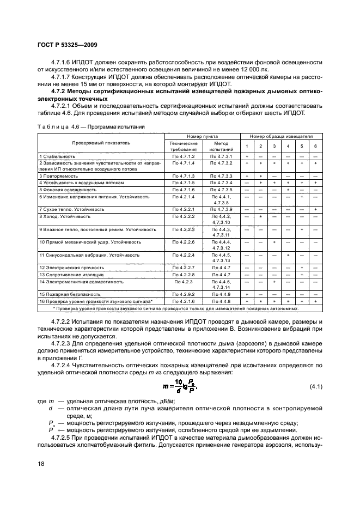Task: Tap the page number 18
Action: click(x=41, y=463)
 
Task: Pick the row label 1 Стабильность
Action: click(x=57, y=156)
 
